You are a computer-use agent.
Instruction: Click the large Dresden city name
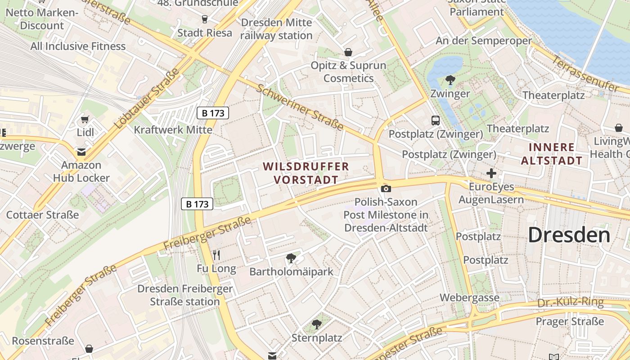(x=569, y=235)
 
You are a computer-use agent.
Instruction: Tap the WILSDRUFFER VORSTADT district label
(x=306, y=173)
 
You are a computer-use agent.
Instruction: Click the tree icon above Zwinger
(x=450, y=80)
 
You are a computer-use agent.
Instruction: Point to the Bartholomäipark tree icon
(x=291, y=258)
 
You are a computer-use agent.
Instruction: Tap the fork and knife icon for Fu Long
(x=216, y=255)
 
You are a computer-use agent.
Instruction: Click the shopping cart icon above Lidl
(x=85, y=119)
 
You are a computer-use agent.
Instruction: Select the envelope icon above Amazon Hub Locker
(x=81, y=152)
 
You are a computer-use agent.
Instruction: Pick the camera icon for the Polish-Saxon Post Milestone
(x=386, y=189)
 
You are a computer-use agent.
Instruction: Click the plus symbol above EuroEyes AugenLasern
(x=491, y=173)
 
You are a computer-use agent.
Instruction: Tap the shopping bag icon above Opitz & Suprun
(x=348, y=52)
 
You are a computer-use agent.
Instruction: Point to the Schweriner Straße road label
(x=300, y=107)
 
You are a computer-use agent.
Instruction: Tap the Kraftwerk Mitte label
(x=173, y=130)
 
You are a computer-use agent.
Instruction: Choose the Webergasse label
(x=469, y=297)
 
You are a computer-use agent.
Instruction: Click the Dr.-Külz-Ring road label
(x=570, y=302)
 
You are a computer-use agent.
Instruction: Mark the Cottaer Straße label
(x=42, y=215)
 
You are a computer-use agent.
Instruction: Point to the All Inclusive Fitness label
(x=78, y=46)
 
